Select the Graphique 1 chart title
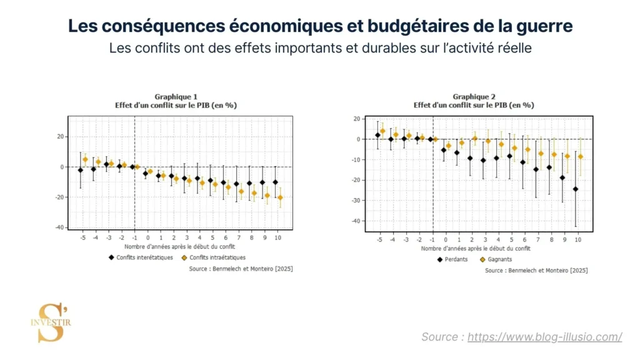tap(176, 101)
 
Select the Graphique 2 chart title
tap(474, 101)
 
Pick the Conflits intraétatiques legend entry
tap(213, 257)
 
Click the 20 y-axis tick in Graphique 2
tap(357, 119)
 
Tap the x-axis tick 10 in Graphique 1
tap(277, 238)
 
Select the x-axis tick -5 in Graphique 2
tap(379, 240)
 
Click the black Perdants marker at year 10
tap(576, 189)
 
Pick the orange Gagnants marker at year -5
tap(382, 131)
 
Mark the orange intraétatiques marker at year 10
tap(280, 197)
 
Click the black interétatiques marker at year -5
tap(80, 170)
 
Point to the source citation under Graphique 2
tap(536, 271)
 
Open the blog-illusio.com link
tap(544, 337)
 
